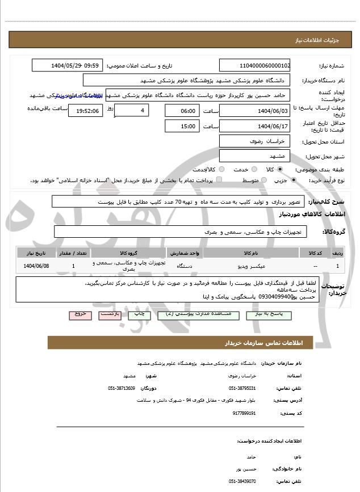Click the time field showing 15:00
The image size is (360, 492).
pyautogui.click(x=182, y=126)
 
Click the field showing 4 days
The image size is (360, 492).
pyautogui.click(x=131, y=110)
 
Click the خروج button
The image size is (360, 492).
pyautogui.click(x=79, y=314)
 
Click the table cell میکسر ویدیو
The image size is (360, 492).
pyautogui.click(x=234, y=266)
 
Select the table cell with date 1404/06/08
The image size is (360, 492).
pyautogui.click(x=37, y=266)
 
